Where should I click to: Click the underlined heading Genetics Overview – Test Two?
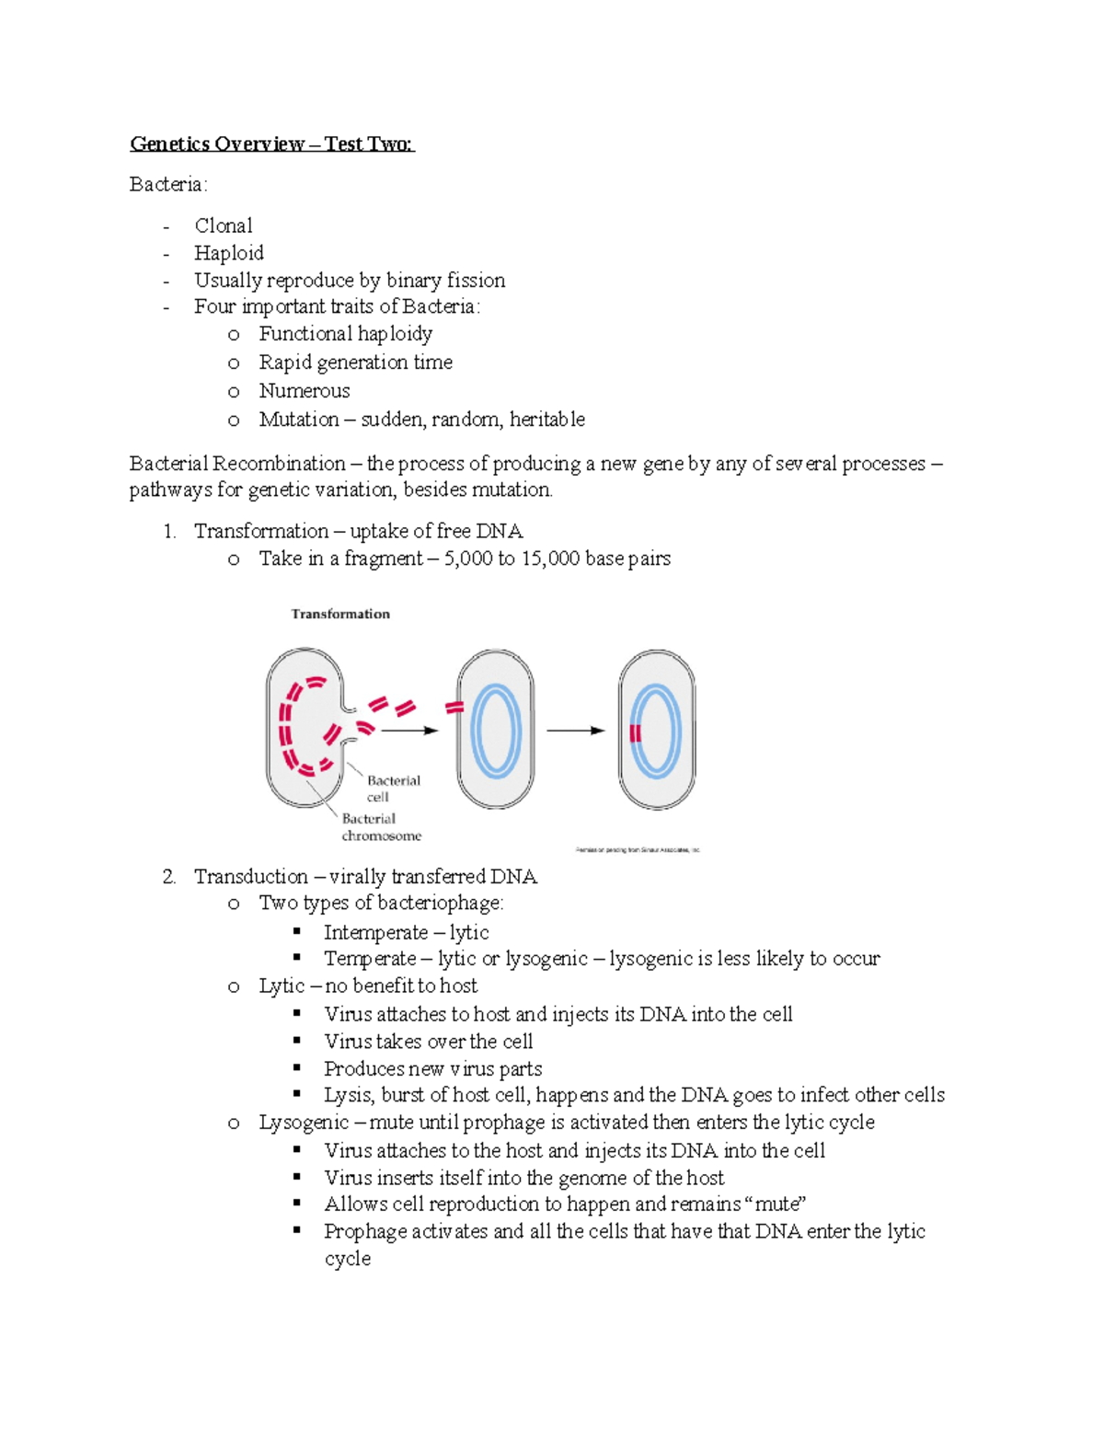pyautogui.click(x=272, y=144)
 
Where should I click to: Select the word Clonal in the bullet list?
pyautogui.click(x=224, y=225)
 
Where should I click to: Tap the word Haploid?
pyautogui.click(x=229, y=253)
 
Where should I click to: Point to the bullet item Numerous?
pyautogui.click(x=305, y=390)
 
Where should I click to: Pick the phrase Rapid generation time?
pyautogui.click(x=355, y=363)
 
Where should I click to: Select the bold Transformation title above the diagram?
pyautogui.click(x=340, y=614)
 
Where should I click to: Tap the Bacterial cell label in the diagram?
pyautogui.click(x=393, y=789)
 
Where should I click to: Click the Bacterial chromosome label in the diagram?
pyautogui.click(x=381, y=827)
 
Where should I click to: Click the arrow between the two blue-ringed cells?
pyautogui.click(x=576, y=731)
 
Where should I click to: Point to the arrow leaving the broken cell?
pyautogui.click(x=409, y=731)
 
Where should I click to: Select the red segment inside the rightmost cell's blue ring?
pyautogui.click(x=635, y=732)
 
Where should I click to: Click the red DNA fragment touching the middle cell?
pyautogui.click(x=454, y=708)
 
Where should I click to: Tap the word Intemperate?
pyautogui.click(x=375, y=932)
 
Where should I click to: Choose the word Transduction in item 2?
pyautogui.click(x=251, y=876)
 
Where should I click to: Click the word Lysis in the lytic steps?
pyautogui.click(x=348, y=1095)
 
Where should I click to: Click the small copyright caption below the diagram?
pyautogui.click(x=638, y=850)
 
